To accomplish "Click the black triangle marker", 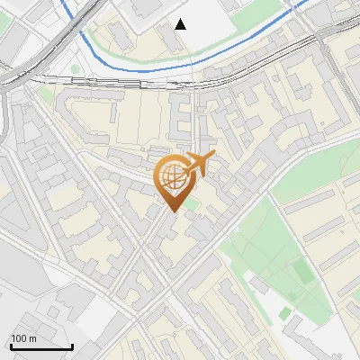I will click(181, 24).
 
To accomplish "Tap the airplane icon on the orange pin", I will click(196, 165).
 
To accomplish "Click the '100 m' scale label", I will click(23, 338).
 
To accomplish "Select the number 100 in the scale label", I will click(19, 338).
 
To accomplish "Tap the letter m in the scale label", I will click(32, 338).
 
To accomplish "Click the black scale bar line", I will click(41, 346).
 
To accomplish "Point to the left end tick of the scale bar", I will click(10, 345).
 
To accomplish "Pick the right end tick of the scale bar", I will click(73, 345).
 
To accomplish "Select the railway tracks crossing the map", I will click(135, 83).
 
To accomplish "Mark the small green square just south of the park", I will click(285, 312).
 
